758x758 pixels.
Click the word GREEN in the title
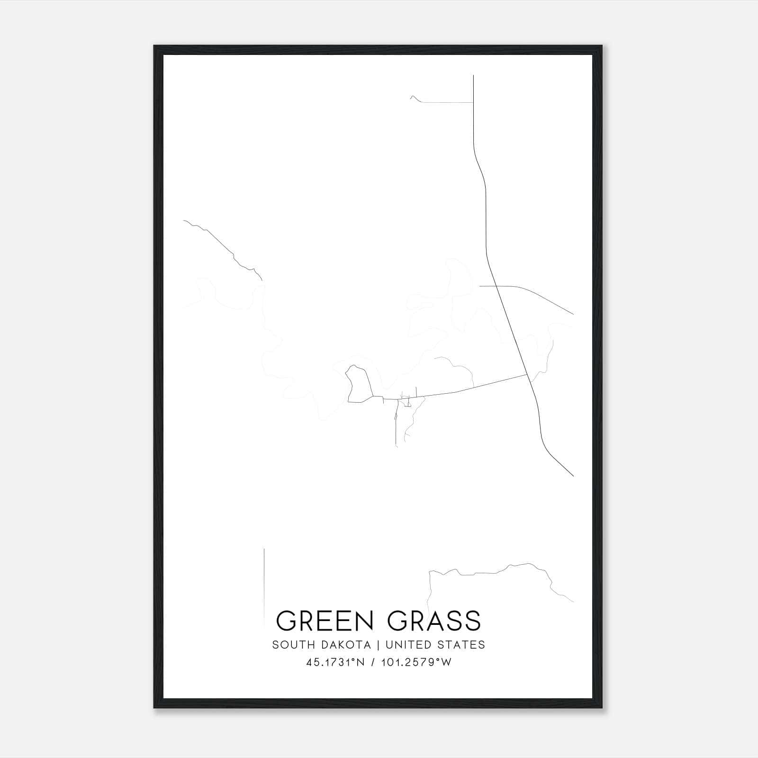pos(324,621)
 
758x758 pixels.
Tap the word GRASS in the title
pos(434,621)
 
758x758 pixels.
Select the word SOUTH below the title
pos(289,645)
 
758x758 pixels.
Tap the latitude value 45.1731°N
pos(335,662)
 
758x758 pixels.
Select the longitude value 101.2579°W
pos(416,662)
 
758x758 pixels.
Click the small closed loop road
pos(358,384)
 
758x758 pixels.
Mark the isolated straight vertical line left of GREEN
pos(264,583)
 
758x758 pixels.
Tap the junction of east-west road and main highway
pos(528,375)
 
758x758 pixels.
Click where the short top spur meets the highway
pos(473,102)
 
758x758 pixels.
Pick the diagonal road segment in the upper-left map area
pos(223,249)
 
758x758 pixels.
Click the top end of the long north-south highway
pos(473,76)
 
